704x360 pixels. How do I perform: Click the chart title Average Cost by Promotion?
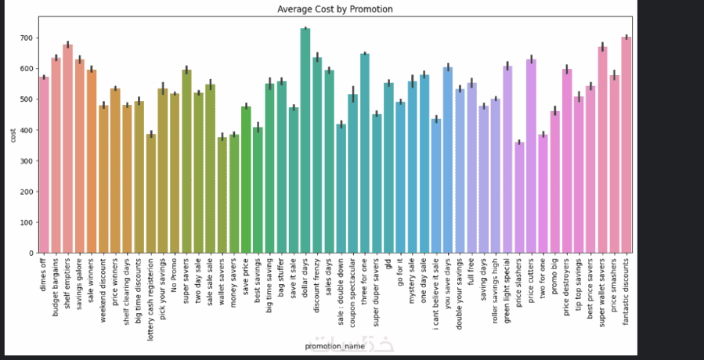[335, 9]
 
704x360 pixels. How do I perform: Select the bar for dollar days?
[305, 141]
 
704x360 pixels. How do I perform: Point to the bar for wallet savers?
[222, 195]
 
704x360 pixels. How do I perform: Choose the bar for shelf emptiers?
[68, 149]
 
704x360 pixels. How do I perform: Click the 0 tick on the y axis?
[31, 253]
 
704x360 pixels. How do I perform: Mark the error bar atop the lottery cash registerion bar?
[151, 135]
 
